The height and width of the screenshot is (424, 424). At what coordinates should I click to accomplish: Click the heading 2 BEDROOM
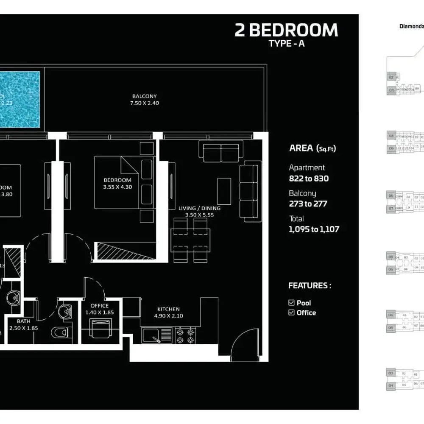[x=286, y=31]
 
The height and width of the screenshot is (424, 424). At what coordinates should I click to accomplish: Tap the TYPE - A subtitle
[x=286, y=44]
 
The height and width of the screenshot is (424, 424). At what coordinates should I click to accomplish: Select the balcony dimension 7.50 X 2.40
[x=145, y=103]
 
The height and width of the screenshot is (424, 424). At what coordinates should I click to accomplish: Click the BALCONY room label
[x=145, y=96]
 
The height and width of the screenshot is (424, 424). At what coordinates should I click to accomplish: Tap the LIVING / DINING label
[x=199, y=208]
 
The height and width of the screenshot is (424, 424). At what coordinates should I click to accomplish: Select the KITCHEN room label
[x=168, y=309]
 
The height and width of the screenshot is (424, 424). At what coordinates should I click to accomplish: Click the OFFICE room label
[x=100, y=305]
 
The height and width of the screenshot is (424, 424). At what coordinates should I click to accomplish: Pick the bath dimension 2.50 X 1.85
[x=23, y=328]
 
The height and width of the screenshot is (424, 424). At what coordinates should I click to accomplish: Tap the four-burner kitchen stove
[x=186, y=335]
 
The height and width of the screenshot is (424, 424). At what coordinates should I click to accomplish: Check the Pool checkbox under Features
[x=291, y=303]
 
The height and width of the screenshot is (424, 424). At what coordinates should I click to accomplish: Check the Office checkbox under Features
[x=291, y=312]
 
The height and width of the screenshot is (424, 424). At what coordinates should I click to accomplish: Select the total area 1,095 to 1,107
[x=314, y=229]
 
